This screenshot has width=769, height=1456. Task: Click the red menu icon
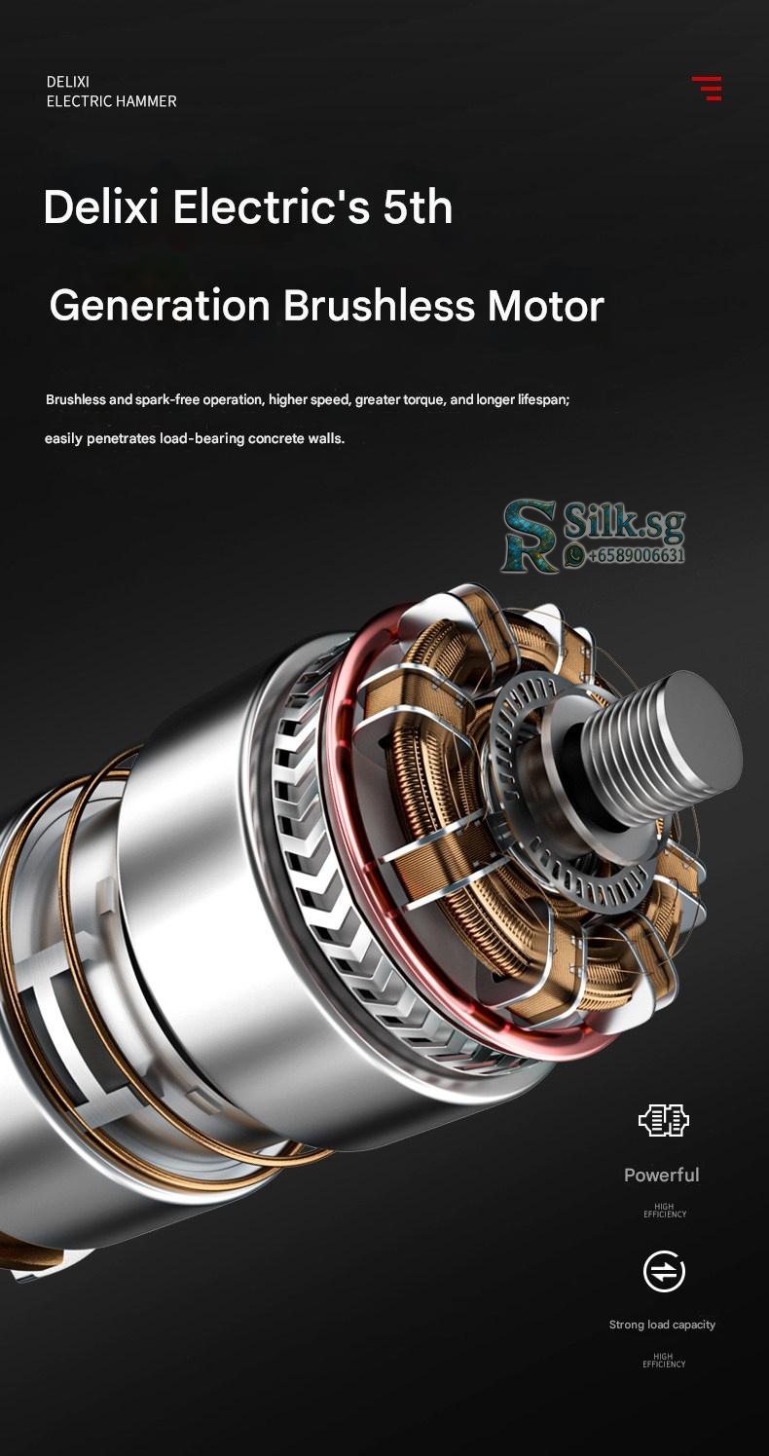click(x=707, y=88)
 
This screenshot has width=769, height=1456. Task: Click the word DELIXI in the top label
click(x=68, y=82)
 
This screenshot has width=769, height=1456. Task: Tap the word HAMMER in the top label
click(x=146, y=101)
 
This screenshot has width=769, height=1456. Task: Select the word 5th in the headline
click(x=418, y=207)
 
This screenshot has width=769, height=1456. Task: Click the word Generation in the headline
click(x=160, y=305)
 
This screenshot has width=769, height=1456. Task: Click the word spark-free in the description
click(x=167, y=399)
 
